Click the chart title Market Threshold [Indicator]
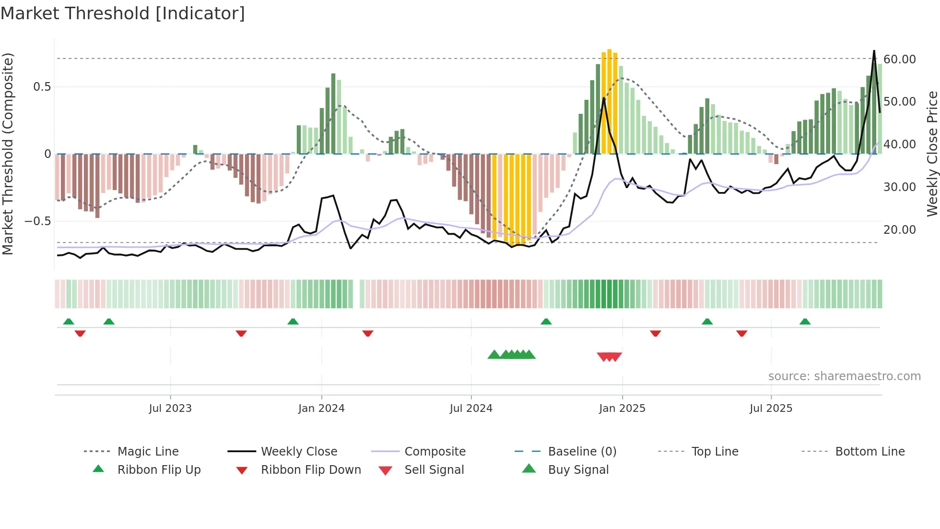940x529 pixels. click(x=123, y=13)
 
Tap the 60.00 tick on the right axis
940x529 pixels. click(x=899, y=59)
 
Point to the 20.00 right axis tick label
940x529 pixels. click(x=899, y=229)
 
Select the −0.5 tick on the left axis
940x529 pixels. click(x=37, y=221)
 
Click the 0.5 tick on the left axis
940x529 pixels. click(x=42, y=86)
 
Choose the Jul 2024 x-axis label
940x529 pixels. click(x=470, y=408)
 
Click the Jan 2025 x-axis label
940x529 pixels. click(x=622, y=408)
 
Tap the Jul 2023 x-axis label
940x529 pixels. click(x=170, y=408)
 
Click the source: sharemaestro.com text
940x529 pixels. click(x=844, y=376)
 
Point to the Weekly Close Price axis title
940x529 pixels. click(x=932, y=154)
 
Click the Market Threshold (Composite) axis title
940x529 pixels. click(x=8, y=154)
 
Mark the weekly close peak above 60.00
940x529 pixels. click(x=874, y=51)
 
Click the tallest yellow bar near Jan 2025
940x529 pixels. click(x=609, y=101)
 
